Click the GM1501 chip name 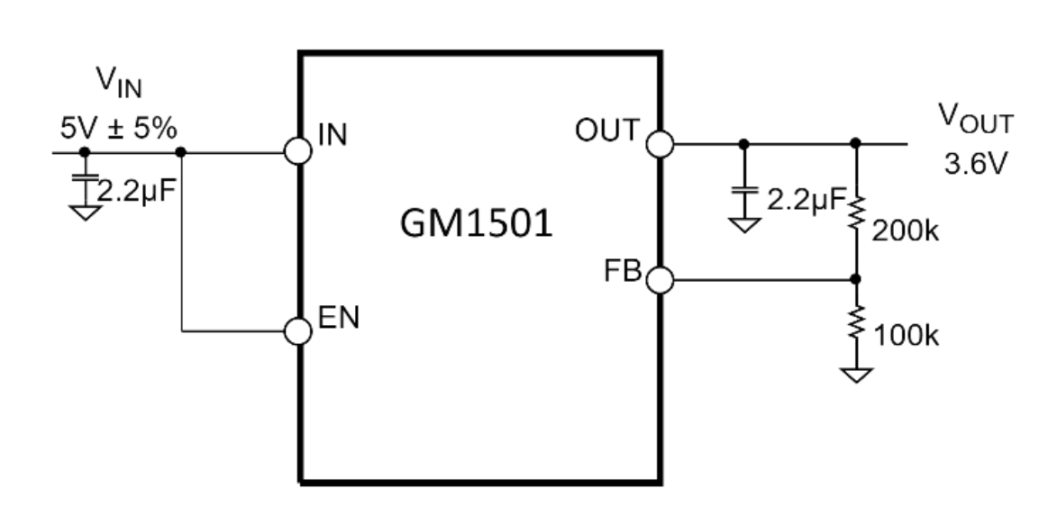[477, 223]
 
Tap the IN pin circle [298, 151]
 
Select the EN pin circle [298, 331]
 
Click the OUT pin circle [660, 144]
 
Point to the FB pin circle [660, 279]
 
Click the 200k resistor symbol [856, 212]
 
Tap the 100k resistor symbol [856, 322]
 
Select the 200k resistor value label [905, 230]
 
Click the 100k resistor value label [906, 335]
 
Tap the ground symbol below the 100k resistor [856, 375]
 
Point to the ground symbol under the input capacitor [85, 212]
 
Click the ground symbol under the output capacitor [744, 225]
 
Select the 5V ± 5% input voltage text [119, 128]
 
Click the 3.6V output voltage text [975, 164]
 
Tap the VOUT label [976, 119]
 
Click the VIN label [119, 81]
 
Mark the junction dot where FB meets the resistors [855, 279]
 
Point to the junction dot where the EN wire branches [180, 152]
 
